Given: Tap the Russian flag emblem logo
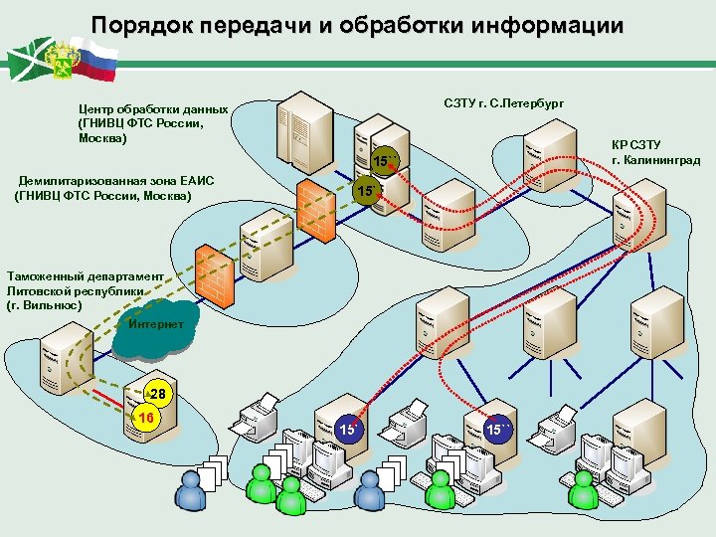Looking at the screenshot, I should tap(60, 60).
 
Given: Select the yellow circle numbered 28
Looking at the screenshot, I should tap(156, 395).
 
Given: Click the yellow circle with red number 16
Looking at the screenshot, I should tap(145, 418).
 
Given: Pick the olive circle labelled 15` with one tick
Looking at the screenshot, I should tap(366, 190).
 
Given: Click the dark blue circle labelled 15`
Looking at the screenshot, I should tap(349, 430).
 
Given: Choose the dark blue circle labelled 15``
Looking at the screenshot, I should tap(498, 430).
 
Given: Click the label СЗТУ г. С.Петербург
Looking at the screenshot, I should tap(503, 103).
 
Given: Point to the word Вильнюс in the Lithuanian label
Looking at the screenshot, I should tap(49, 305).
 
